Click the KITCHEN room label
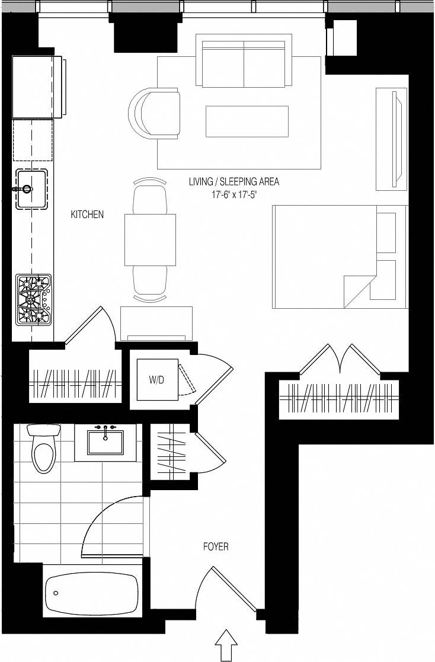87,215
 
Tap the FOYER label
216,546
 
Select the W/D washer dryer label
156,380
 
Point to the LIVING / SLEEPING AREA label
234,181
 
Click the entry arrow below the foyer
225,645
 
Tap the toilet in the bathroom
43,450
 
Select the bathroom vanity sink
105,442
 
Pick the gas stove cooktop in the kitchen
34,299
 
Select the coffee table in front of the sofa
247,121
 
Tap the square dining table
150,239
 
